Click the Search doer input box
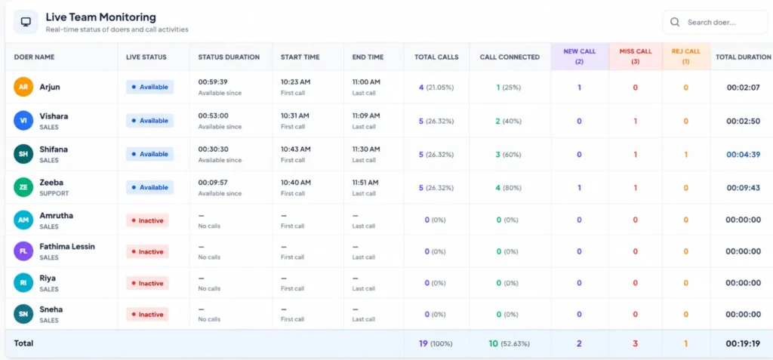point(715,22)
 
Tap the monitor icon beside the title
point(26,22)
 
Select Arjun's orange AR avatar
point(23,87)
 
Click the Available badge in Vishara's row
point(150,120)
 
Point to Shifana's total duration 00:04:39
point(744,155)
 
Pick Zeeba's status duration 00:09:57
point(213,183)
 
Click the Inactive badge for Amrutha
point(147,220)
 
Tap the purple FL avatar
point(23,251)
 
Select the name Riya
point(48,278)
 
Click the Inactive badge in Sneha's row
point(147,314)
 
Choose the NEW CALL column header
point(579,56)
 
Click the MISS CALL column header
point(636,56)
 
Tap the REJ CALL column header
point(685,56)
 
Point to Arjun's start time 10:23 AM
point(295,82)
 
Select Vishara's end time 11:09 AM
point(366,115)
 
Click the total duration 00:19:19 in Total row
point(744,343)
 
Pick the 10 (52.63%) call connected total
point(510,343)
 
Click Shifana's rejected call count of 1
point(685,155)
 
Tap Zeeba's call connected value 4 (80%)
point(508,187)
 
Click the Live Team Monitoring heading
point(100,17)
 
